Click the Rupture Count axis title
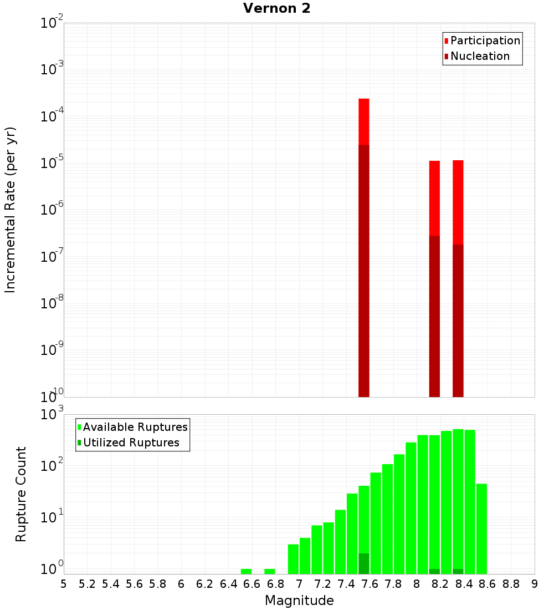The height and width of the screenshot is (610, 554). click(x=21, y=494)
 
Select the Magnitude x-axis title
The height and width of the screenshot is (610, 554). click(x=299, y=601)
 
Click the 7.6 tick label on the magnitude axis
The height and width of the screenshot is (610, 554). click(x=370, y=584)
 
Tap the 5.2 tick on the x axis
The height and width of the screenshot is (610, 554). click(x=88, y=584)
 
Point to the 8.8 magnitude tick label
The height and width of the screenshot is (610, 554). click(x=511, y=584)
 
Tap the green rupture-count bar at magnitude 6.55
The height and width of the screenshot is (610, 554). click(x=246, y=571)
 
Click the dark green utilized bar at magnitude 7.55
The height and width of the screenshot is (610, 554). click(x=364, y=563)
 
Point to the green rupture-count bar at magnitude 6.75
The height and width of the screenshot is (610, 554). click(x=270, y=571)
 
